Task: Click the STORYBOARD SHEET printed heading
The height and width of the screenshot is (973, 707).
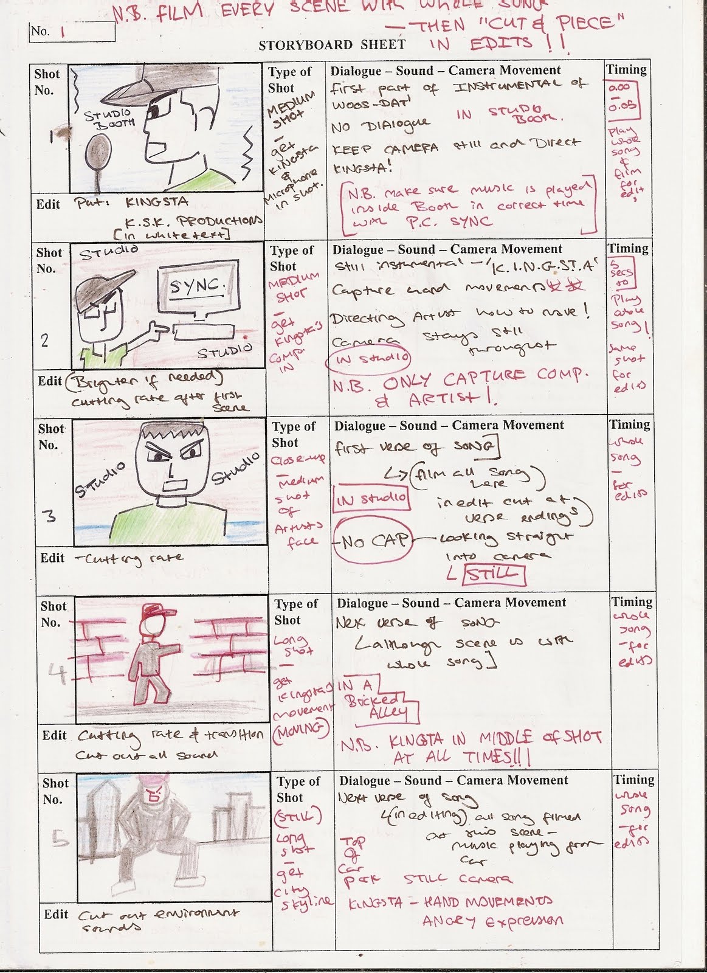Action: (x=331, y=45)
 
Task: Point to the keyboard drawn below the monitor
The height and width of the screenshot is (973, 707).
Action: (x=203, y=332)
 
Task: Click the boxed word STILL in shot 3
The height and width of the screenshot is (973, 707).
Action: (x=492, y=573)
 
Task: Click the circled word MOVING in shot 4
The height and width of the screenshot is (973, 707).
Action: (x=303, y=727)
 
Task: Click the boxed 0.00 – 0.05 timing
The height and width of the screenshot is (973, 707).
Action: (x=623, y=97)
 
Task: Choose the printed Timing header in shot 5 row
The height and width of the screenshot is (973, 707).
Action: (x=633, y=780)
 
